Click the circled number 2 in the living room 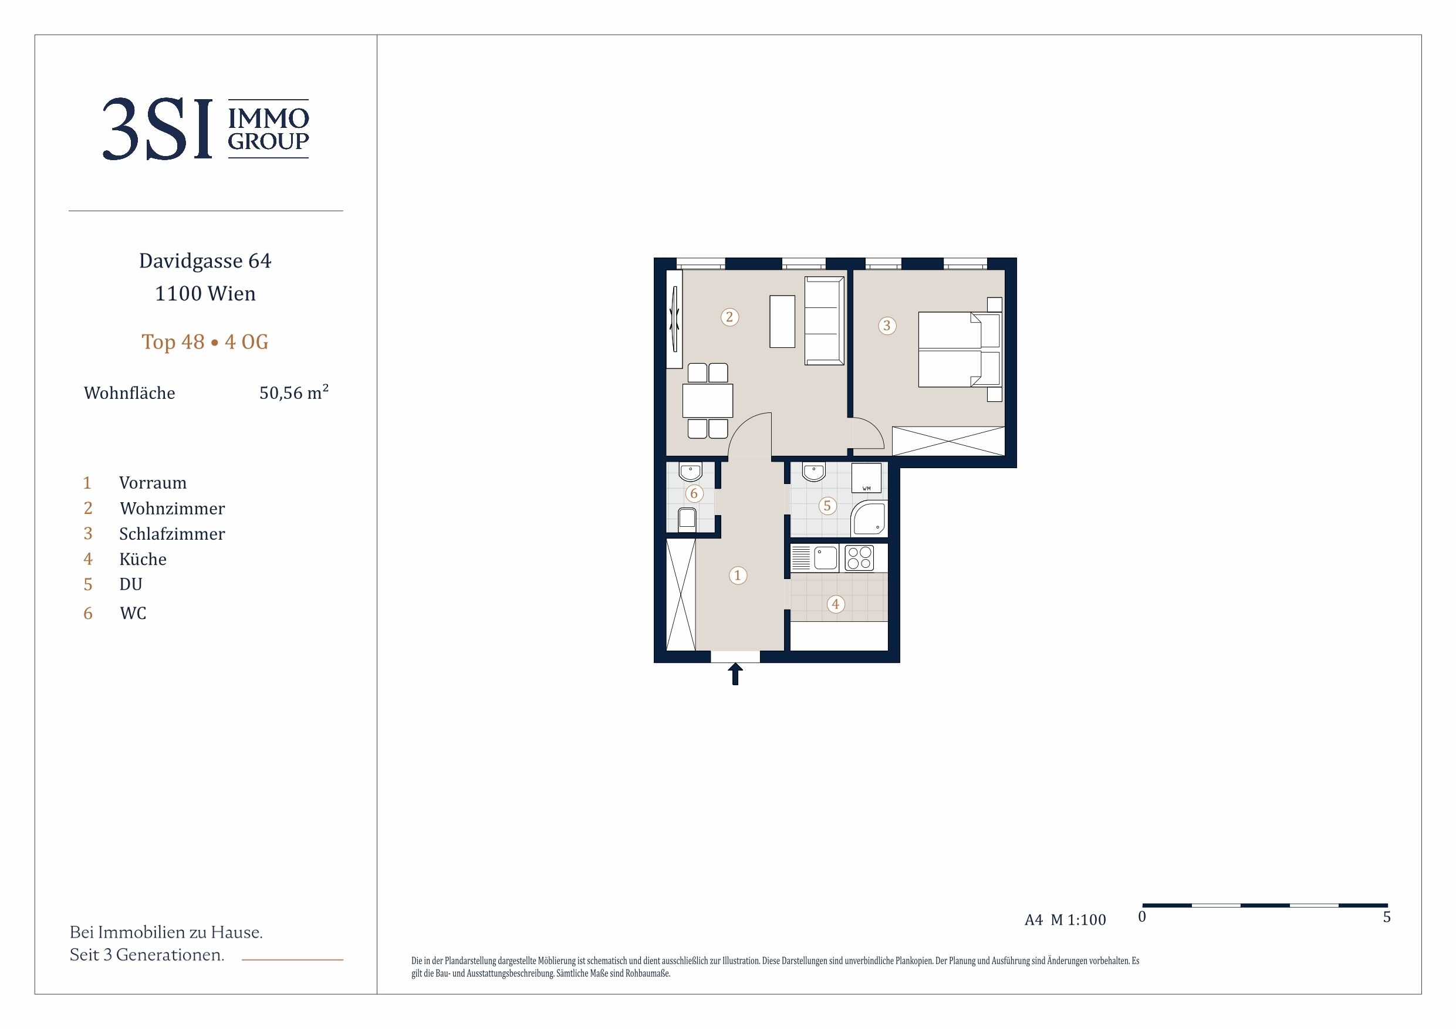[x=729, y=317]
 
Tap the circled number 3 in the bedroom [x=887, y=326]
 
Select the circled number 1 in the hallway [x=738, y=576]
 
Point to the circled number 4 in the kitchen [x=835, y=604]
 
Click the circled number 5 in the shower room [x=827, y=506]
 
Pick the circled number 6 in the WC [x=694, y=493]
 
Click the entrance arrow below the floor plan [x=735, y=674]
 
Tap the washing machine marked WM [x=866, y=478]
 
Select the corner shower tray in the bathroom [x=869, y=518]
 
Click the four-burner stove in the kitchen [x=859, y=558]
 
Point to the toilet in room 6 [x=687, y=519]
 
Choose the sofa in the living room [x=825, y=321]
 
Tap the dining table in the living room [x=708, y=401]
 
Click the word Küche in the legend [x=143, y=559]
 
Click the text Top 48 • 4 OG [x=205, y=342]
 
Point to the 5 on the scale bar [x=1386, y=917]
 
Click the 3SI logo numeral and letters [x=157, y=129]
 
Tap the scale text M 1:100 [x=1078, y=920]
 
